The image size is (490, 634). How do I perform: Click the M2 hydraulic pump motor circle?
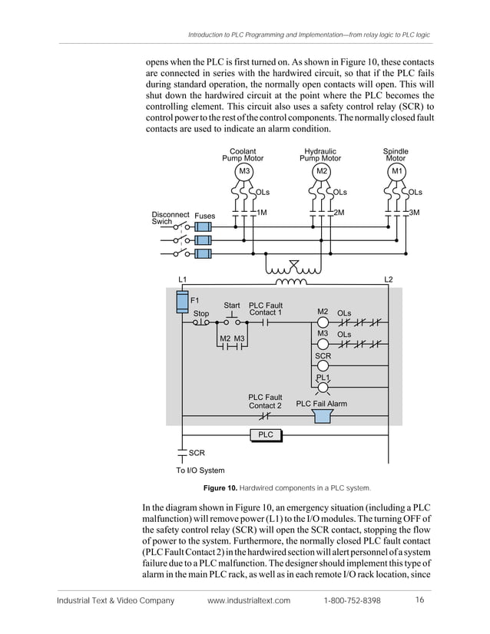pyautogui.click(x=322, y=170)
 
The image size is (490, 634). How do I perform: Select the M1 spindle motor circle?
pyautogui.click(x=396, y=170)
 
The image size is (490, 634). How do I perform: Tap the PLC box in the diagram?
pyautogui.click(x=266, y=435)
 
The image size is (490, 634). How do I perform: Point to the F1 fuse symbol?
pyautogui.click(x=183, y=301)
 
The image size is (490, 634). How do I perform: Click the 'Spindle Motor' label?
pyautogui.click(x=396, y=155)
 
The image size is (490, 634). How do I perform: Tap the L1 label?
pyautogui.click(x=183, y=278)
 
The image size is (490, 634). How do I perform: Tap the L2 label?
pyautogui.click(x=388, y=278)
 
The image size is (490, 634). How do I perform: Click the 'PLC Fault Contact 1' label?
pyautogui.click(x=266, y=309)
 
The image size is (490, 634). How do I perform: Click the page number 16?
pyautogui.click(x=420, y=599)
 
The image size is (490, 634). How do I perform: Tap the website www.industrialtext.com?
pyautogui.click(x=249, y=600)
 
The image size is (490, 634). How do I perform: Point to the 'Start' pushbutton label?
pyautogui.click(x=232, y=305)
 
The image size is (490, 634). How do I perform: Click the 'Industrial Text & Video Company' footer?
pyautogui.click(x=116, y=600)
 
